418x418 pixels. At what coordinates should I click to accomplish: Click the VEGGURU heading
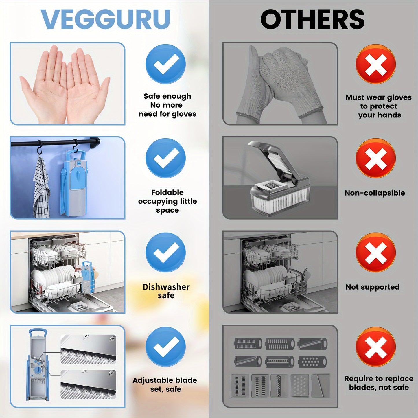[x=105, y=19]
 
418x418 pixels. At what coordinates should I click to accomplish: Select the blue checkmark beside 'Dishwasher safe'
[x=165, y=252]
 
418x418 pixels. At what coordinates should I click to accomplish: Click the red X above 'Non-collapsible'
[x=375, y=158]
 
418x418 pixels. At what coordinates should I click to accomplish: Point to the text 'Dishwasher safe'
[x=166, y=291]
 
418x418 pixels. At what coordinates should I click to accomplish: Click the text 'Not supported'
[x=373, y=287]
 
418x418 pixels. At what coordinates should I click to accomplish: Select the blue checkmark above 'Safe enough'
[x=165, y=64]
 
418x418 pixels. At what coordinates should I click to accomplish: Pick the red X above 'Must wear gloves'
[x=375, y=64]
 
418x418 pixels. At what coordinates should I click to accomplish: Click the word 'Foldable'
[x=167, y=192]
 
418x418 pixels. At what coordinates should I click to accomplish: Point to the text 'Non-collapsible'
[x=375, y=193]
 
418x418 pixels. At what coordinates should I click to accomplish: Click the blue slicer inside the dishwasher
[x=87, y=277]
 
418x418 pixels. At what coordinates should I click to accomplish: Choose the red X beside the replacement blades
[x=375, y=347]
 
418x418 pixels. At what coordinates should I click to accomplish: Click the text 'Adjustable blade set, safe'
[x=165, y=384]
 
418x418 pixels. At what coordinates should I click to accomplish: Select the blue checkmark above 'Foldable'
[x=165, y=158]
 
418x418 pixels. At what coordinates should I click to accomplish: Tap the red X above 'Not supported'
[x=375, y=253]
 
